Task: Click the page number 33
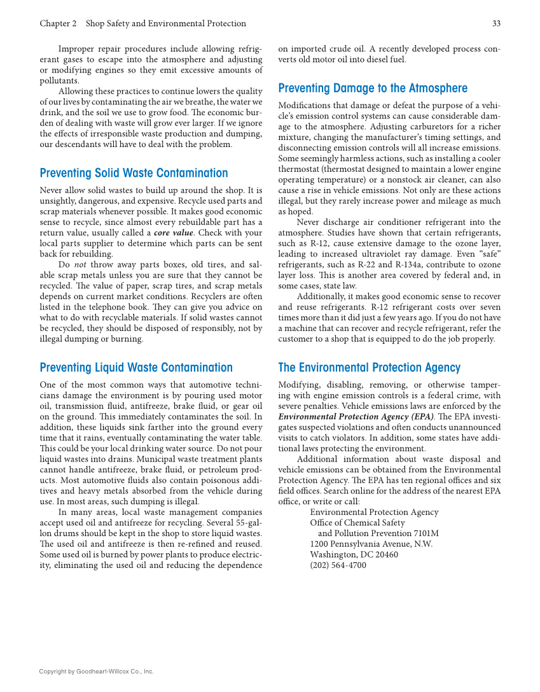click(495, 24)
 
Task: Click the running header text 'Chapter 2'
click(58, 24)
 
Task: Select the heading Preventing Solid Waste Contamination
click(134, 173)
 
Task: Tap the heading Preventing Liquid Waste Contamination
click(136, 367)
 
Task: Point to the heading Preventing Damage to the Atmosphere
click(373, 88)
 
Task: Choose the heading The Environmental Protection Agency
click(369, 367)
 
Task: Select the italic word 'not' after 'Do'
click(80, 265)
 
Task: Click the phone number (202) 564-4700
click(338, 565)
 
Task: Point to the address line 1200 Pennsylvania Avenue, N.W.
click(371, 544)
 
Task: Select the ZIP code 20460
click(385, 554)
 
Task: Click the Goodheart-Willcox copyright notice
click(97, 671)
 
